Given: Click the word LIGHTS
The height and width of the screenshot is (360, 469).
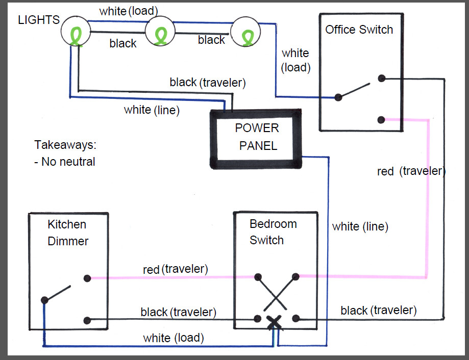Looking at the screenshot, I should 39,20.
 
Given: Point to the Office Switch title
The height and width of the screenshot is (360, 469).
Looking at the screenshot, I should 359,30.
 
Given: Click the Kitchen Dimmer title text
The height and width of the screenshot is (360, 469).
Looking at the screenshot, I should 68,233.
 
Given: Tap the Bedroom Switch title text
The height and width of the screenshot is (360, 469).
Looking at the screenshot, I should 273,232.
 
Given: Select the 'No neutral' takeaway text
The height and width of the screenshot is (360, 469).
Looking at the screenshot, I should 65,162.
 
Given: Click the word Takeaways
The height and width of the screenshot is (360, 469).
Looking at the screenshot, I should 65,145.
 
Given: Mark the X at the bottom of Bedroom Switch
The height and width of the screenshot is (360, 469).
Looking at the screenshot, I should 275,321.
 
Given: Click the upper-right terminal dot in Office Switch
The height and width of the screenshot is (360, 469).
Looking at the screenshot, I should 381,79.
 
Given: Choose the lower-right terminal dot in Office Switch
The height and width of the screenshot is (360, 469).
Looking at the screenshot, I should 381,120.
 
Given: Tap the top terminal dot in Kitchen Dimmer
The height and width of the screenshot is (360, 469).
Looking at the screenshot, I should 88,278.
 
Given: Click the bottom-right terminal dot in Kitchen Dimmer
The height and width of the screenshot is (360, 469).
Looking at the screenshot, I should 88,321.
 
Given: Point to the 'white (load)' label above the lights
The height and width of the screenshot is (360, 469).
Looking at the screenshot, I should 129,11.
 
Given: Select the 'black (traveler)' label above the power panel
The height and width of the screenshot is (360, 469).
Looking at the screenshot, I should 208,82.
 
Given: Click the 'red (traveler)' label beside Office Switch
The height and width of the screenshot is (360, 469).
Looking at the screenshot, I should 411,171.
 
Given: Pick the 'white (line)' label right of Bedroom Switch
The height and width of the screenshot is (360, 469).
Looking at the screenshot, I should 360,226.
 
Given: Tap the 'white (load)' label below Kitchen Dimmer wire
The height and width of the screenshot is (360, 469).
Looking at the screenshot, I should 174,338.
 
